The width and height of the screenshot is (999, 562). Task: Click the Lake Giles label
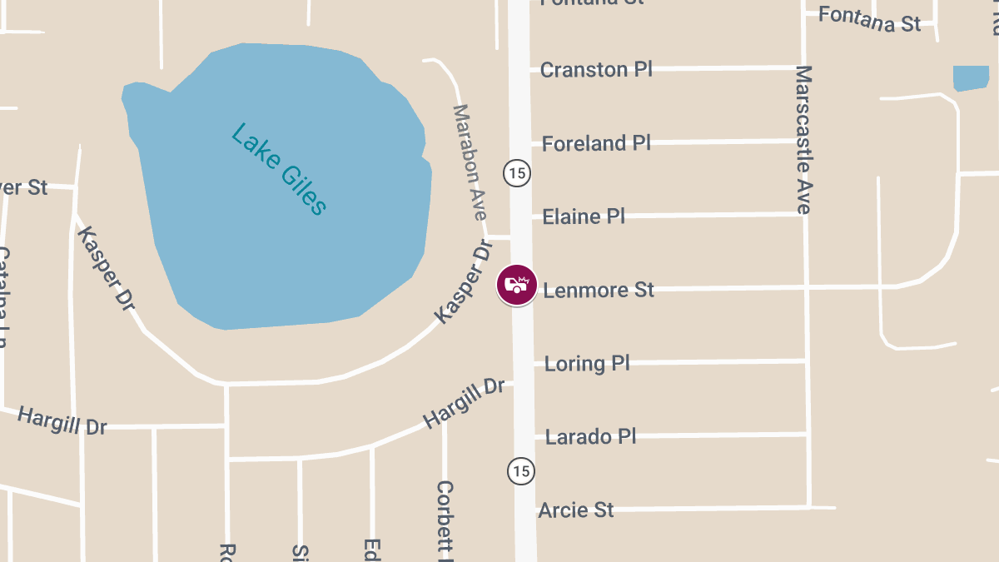[278, 169]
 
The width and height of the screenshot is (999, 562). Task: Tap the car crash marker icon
[517, 285]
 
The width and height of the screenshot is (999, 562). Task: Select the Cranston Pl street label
[595, 70]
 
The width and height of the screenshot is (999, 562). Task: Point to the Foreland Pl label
[595, 143]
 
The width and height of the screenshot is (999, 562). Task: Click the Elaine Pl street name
[583, 217]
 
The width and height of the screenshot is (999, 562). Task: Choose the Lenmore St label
[599, 290]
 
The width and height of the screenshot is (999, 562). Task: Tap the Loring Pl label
[586, 363]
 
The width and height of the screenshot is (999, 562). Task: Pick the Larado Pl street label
[590, 436]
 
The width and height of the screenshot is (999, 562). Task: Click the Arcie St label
[575, 510]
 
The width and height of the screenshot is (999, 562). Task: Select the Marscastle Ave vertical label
[803, 140]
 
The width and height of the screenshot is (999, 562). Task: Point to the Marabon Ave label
[469, 162]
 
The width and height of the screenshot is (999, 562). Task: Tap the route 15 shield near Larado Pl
[520, 470]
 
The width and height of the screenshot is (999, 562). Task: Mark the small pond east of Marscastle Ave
[971, 78]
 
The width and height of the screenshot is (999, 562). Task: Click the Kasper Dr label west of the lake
[106, 268]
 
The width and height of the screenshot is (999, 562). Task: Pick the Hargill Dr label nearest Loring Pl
[464, 403]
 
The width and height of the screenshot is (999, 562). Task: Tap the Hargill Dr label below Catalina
[62, 420]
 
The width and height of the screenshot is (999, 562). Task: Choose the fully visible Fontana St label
[869, 19]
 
